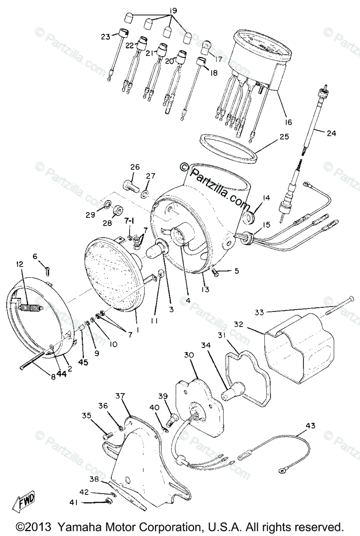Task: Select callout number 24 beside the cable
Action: pos(331,133)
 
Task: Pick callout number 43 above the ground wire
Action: pos(309,426)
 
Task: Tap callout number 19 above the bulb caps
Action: pos(173,10)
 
